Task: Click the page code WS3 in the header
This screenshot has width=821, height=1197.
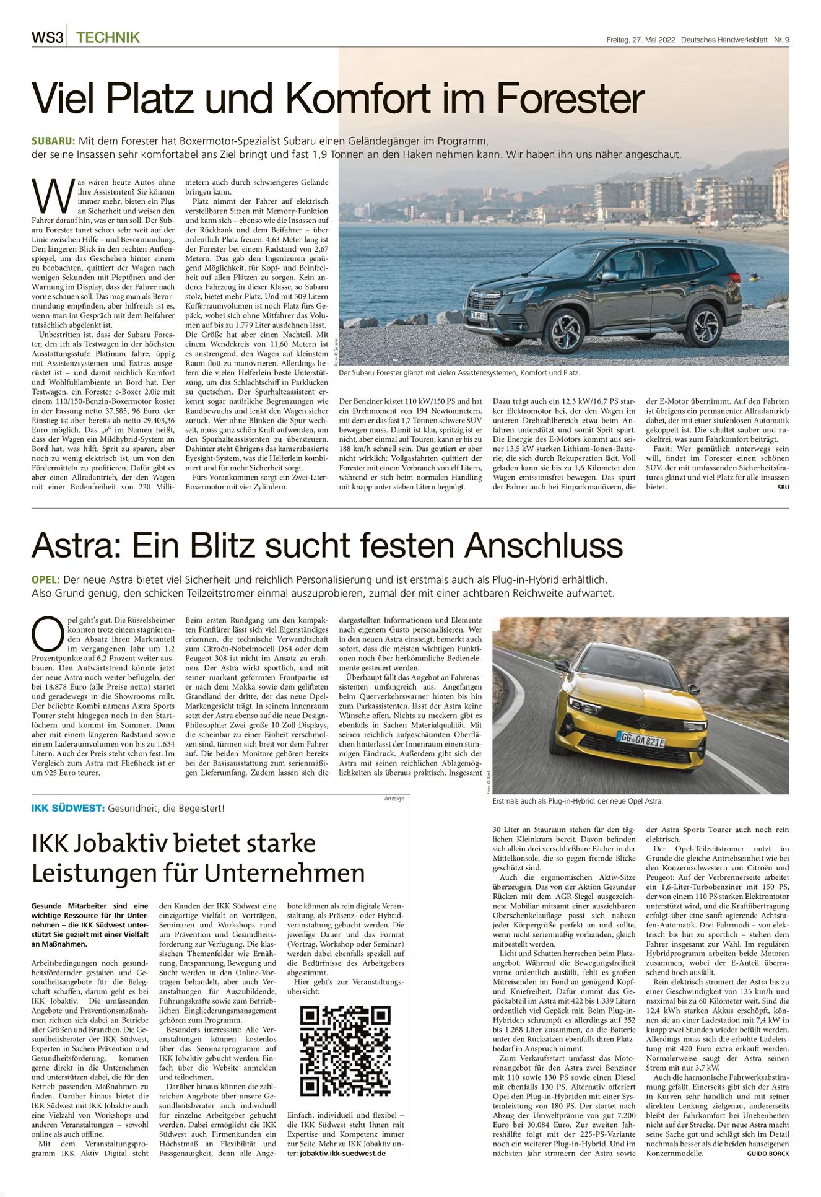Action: pos(47,38)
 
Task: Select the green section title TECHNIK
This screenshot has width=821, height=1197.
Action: pos(108,38)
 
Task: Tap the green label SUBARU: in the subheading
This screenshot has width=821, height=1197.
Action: pos(53,141)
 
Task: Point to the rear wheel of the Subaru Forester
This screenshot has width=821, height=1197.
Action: pos(704,325)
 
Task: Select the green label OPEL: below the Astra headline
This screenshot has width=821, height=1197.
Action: pos(46,580)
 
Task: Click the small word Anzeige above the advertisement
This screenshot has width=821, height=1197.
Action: pos(394,799)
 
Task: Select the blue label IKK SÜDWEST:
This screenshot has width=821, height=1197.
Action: pos(67,809)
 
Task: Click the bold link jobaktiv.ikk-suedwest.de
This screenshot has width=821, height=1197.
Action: pos(342,1153)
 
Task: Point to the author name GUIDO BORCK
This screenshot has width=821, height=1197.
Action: pos(768,1154)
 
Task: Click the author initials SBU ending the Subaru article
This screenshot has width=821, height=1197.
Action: pos(783,487)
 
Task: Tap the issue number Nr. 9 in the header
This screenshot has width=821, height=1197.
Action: pos(781,40)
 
